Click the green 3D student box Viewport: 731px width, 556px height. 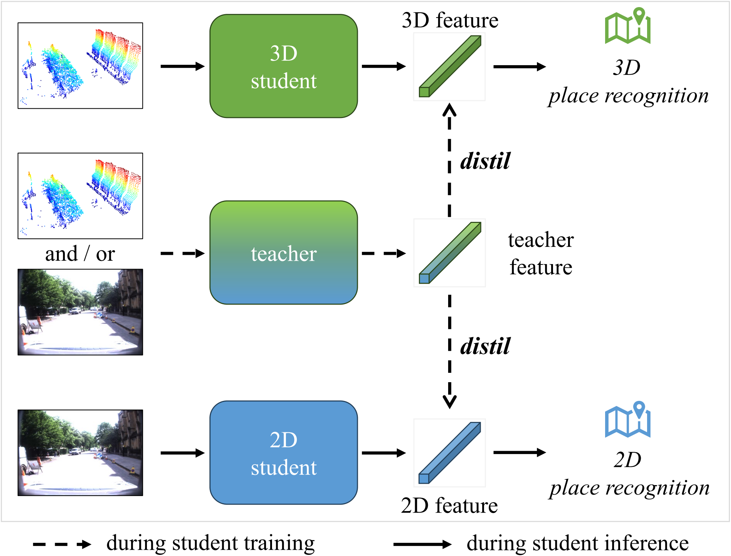coord(283,66)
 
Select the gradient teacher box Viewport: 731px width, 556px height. coord(283,253)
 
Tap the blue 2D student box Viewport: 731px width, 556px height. coord(283,453)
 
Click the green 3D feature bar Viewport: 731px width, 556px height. coord(449,67)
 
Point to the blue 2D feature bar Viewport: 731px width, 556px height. coord(449,453)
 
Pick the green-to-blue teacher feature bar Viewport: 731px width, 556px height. coord(449,253)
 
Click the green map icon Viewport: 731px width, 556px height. coord(628,26)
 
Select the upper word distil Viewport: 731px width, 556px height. coord(485,161)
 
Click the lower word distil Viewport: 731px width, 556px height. coord(485,346)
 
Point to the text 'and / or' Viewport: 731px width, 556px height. coord(80,254)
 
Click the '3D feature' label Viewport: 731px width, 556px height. coord(450,20)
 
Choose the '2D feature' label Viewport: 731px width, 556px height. coord(449,506)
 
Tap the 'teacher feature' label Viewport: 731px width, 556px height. coord(540,253)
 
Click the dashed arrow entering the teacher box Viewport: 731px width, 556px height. coord(182,254)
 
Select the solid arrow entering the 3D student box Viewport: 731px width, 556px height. coord(182,67)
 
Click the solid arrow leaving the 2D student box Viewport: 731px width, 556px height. coord(383,453)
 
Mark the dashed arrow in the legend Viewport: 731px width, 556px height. coord(62,544)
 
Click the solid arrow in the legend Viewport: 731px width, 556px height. coord(422,544)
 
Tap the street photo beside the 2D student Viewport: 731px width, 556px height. coord(80,453)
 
